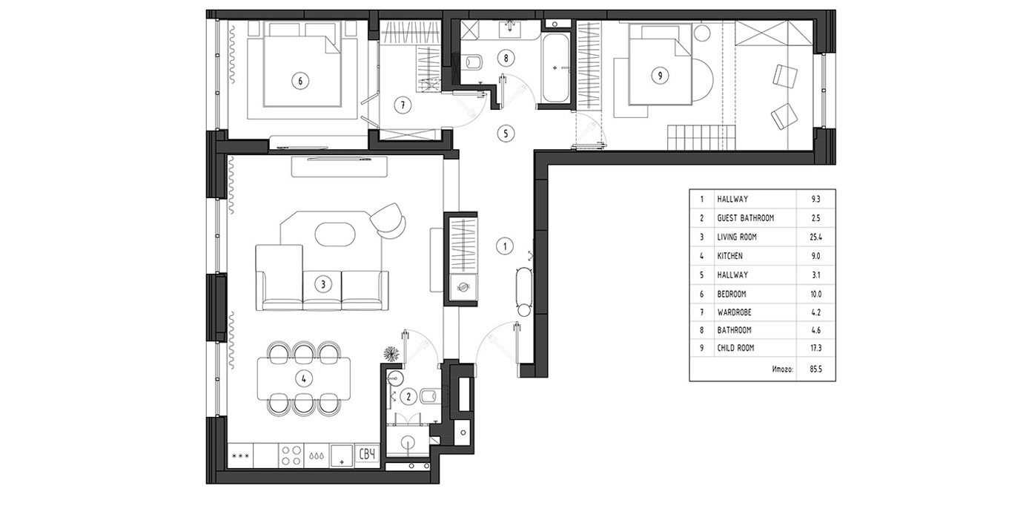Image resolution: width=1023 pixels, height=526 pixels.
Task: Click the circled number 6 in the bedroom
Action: [x=300, y=81]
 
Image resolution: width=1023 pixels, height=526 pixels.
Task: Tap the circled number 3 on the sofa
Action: [x=323, y=284]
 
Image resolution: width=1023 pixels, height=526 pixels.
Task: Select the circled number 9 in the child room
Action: [x=660, y=75]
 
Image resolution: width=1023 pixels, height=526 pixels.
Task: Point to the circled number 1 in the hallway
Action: [x=505, y=246]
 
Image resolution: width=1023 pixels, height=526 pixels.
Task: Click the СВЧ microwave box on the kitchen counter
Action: [x=367, y=455]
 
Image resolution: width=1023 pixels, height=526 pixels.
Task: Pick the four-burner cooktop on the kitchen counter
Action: [x=291, y=456]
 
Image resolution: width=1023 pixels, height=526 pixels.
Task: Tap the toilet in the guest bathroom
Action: [x=429, y=395]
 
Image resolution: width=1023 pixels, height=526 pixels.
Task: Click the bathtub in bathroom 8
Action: [x=555, y=69]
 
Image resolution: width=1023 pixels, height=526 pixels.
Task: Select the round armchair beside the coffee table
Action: [x=388, y=220]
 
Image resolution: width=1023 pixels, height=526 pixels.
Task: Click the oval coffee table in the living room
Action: [x=335, y=234]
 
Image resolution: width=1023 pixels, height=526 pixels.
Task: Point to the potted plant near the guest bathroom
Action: [x=391, y=354]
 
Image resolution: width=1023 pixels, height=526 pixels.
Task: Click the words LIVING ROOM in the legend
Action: [x=737, y=237]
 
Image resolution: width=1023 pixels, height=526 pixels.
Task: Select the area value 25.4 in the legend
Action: [x=815, y=237]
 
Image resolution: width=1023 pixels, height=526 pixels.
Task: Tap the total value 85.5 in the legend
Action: [x=815, y=369]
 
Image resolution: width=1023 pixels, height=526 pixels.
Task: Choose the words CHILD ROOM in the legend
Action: [x=735, y=348]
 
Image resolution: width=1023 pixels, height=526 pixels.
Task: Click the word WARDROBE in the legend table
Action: [x=734, y=312]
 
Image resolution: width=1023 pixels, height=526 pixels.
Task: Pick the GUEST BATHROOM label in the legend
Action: [x=745, y=218]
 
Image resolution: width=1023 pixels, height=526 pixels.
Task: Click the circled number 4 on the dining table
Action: [x=304, y=378]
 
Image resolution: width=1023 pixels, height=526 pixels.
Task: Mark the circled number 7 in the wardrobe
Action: [x=403, y=105]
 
